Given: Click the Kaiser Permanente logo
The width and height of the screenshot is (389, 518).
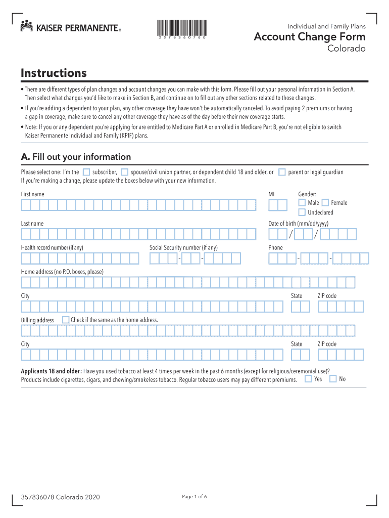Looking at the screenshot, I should (x=70, y=27).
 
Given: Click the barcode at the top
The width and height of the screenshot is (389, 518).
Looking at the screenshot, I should (x=181, y=29).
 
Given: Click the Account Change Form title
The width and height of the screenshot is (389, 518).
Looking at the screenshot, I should (x=309, y=37).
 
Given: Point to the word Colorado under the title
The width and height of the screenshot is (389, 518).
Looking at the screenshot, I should (x=347, y=49).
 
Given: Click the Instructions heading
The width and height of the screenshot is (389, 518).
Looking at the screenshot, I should (x=54, y=73).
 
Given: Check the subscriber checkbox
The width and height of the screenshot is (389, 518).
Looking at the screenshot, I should (x=86, y=172).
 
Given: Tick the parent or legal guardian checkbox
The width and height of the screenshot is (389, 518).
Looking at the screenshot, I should (x=282, y=172).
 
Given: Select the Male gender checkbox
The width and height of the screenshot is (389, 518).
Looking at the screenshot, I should (x=302, y=202).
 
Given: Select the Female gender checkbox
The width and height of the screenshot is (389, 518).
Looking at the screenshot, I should (x=325, y=202).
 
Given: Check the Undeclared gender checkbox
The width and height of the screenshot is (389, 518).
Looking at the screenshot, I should (x=302, y=212).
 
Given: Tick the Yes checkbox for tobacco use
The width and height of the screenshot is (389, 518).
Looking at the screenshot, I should (x=308, y=378).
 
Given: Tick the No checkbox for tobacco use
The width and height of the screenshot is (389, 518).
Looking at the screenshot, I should (x=333, y=378).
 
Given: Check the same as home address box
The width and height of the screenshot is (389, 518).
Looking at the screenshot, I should (x=66, y=320).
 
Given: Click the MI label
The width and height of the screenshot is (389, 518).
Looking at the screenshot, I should (x=271, y=194).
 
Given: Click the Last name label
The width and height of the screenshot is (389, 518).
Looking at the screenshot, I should (x=32, y=224).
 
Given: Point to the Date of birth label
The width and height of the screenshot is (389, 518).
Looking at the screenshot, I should (x=298, y=224).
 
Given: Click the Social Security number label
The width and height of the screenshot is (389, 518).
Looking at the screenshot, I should (x=183, y=247).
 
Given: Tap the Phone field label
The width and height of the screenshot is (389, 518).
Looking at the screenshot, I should (x=275, y=247).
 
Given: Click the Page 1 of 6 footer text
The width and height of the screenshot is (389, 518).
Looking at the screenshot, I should (x=194, y=496).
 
